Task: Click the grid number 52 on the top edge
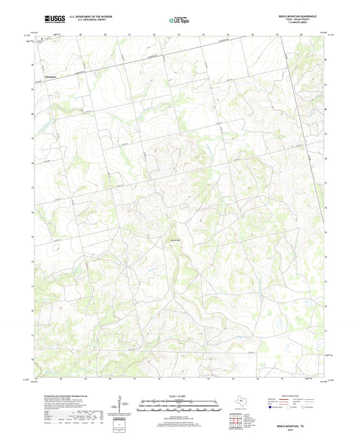(x=154, y=33)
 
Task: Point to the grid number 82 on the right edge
(x=326, y=59)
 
